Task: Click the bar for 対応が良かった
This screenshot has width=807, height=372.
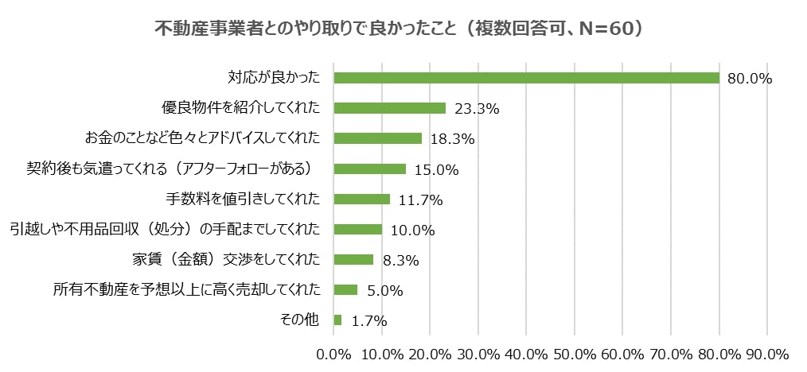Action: click(x=526, y=78)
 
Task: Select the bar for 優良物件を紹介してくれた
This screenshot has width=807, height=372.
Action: click(x=389, y=108)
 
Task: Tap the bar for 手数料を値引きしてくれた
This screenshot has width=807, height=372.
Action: click(x=361, y=199)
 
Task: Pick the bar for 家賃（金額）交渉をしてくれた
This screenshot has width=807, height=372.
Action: click(x=353, y=259)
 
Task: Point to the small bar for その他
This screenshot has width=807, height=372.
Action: click(x=337, y=320)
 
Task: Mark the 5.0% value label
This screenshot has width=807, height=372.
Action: click(x=384, y=290)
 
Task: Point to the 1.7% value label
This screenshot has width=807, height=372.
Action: click(x=368, y=320)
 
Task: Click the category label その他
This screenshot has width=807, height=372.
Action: click(x=299, y=320)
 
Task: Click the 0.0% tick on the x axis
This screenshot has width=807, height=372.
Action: click(x=334, y=354)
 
